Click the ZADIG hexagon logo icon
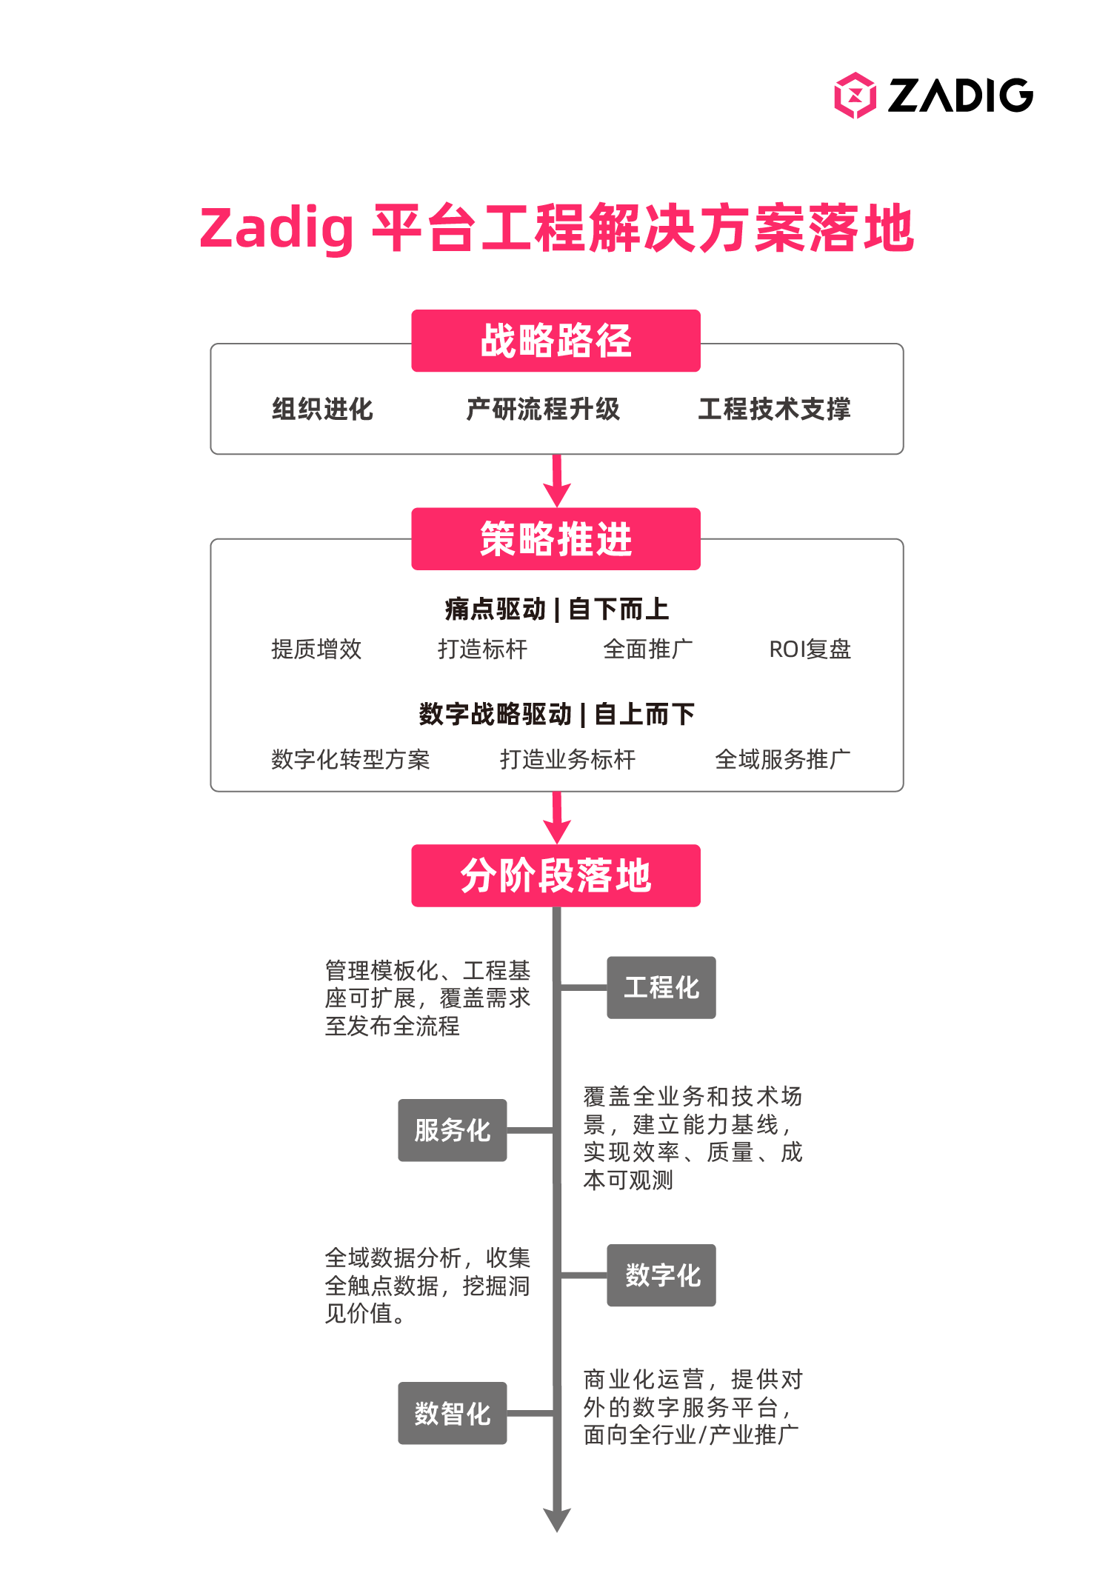coord(855,96)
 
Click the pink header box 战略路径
coord(556,341)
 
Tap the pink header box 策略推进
coord(556,538)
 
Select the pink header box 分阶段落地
coord(556,875)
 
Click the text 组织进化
coord(322,409)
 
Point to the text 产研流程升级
coord(543,409)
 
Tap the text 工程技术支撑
coord(774,409)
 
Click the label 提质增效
coord(316,649)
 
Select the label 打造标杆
coord(482,649)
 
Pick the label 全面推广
coord(648,649)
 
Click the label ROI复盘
coord(810,649)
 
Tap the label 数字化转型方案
coord(350,759)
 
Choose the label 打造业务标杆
coord(567,759)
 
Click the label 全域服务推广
coord(783,759)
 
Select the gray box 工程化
coord(661,987)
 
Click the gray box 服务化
coord(453,1130)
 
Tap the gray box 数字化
coord(661,1275)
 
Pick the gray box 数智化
coord(453,1413)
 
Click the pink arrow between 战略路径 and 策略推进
coord(557,481)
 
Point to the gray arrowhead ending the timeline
coord(557,1520)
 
